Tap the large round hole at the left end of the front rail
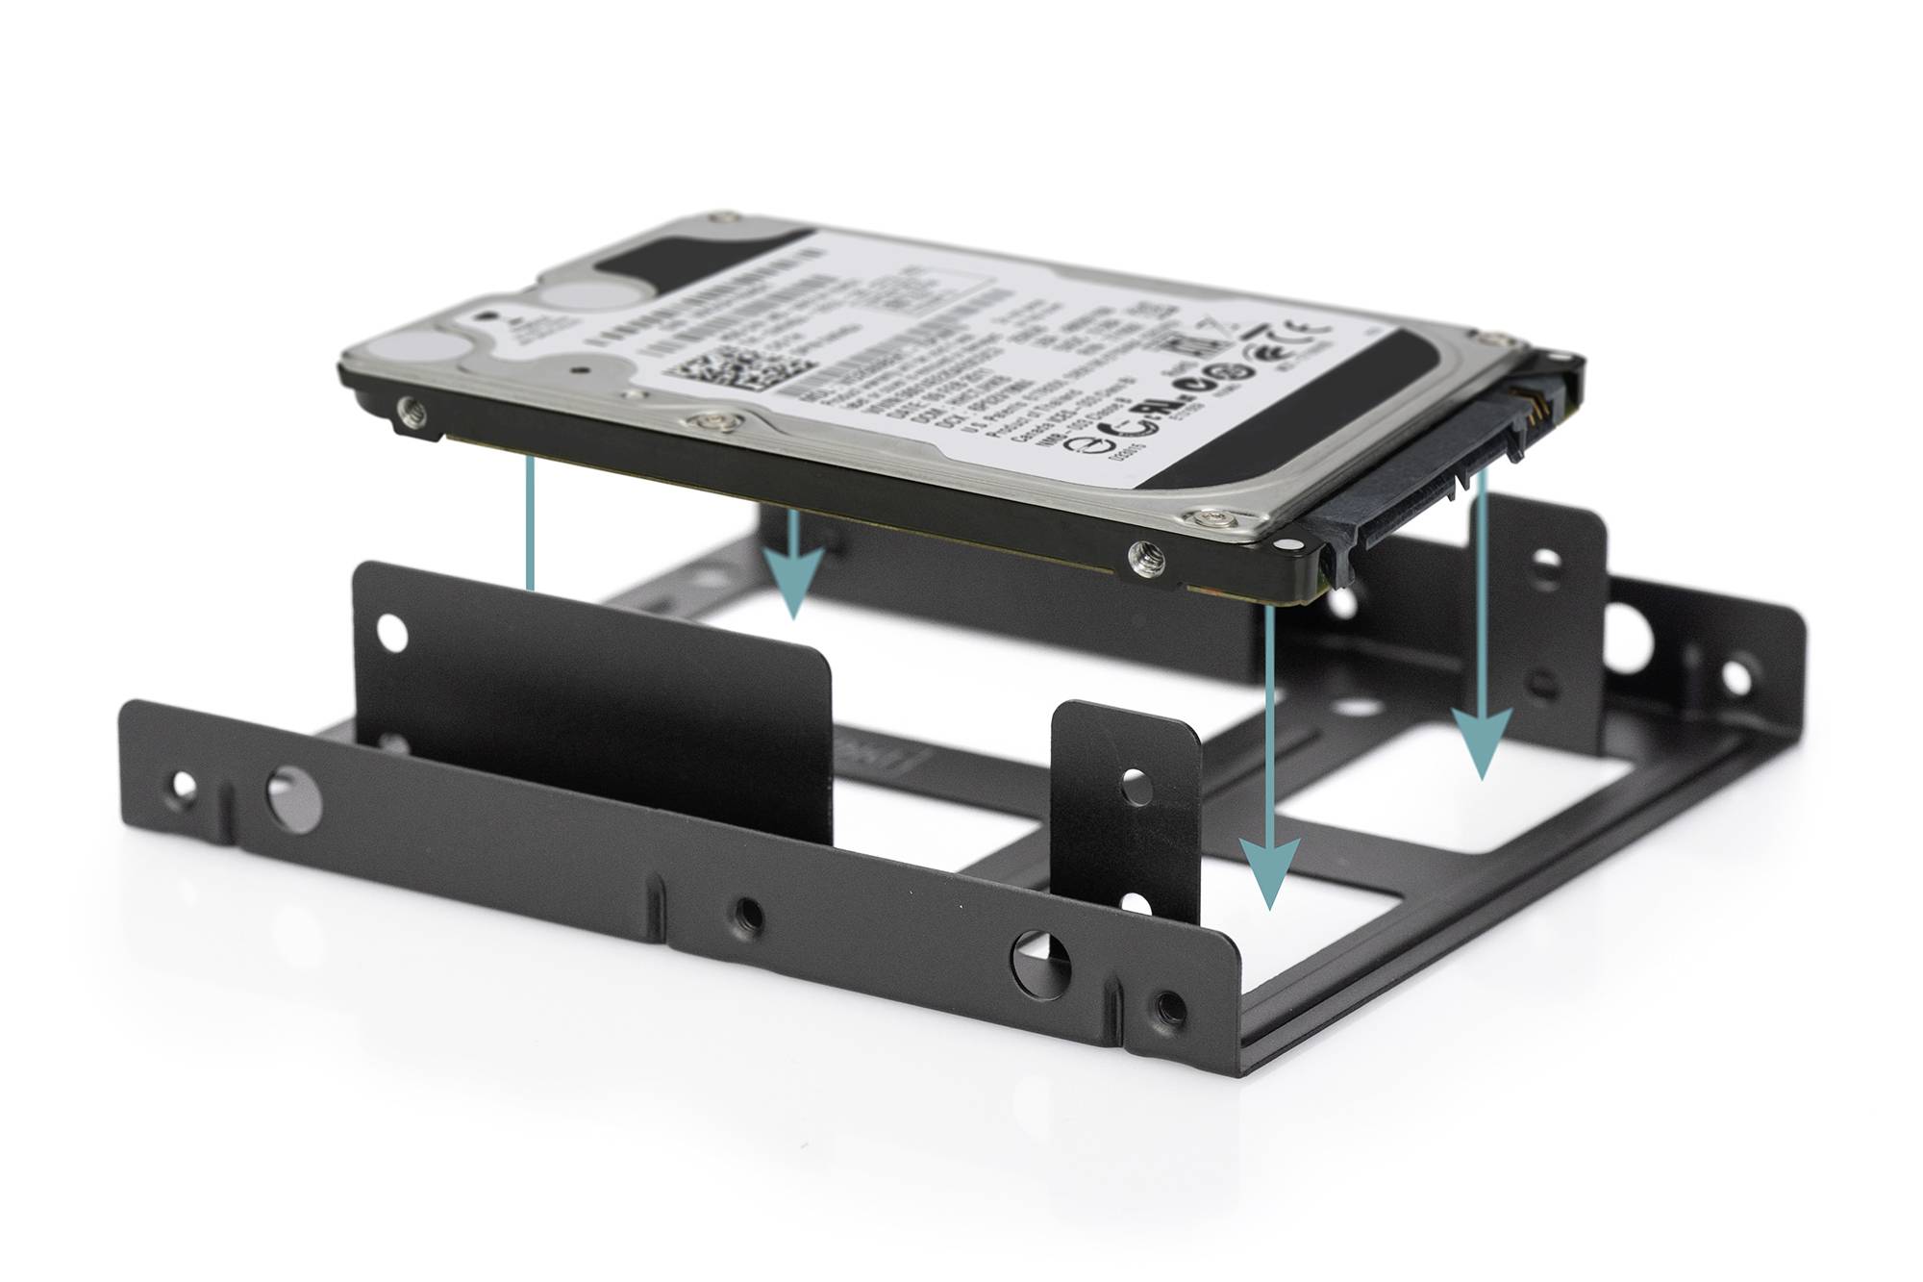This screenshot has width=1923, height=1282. (294, 796)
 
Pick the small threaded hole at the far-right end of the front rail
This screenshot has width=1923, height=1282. (1170, 1006)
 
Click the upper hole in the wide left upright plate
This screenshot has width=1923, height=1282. (392, 632)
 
